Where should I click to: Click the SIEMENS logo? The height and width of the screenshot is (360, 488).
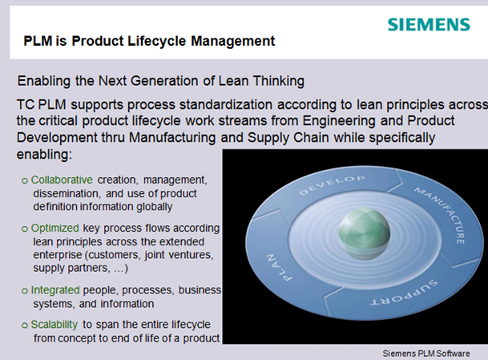coord(429,25)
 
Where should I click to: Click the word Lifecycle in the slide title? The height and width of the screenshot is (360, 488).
coord(156,41)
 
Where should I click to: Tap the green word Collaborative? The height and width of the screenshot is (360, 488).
coord(62,180)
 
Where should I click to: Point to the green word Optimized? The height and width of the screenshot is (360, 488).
coord(54,229)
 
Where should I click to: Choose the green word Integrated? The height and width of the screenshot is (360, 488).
coord(55,290)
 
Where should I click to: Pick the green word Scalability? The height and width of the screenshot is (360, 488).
coord(54,325)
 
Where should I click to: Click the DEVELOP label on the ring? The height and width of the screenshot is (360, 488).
coord(332,185)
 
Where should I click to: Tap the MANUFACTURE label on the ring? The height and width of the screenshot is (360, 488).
coord(440,215)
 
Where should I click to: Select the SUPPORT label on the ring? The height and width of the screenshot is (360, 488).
coord(404,293)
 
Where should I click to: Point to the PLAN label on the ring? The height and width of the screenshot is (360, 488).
coord(279,268)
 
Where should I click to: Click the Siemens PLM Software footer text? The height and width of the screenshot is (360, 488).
coord(426,354)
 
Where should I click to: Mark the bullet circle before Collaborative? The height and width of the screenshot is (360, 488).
coord(25,180)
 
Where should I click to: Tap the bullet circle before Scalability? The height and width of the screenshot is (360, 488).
coord(25,326)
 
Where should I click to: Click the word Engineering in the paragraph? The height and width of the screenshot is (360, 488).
coord(339,121)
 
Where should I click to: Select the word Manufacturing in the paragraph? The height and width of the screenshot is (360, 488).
coord(172,138)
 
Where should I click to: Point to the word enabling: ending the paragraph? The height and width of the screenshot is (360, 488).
coord(44,155)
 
